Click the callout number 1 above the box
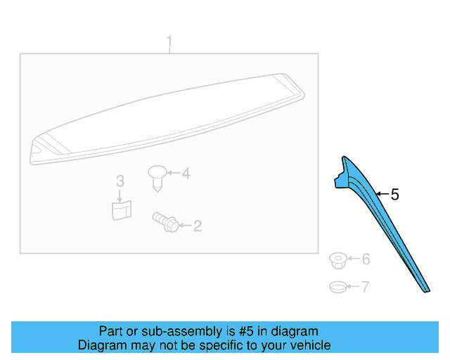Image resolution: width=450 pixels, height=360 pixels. (169, 41)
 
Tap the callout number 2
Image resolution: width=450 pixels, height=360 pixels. (198, 226)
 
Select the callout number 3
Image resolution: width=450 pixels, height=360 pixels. (120, 181)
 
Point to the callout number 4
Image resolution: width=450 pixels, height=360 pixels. (186, 174)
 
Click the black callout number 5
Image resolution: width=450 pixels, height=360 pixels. (395, 195)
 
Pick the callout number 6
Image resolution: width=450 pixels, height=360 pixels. (366, 259)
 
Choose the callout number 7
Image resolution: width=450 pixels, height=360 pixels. (365, 287)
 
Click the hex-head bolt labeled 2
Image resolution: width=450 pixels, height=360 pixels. (166, 221)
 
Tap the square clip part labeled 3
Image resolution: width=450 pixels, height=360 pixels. (122, 210)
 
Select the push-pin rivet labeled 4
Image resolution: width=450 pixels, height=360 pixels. (157, 178)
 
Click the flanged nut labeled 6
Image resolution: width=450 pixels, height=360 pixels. (338, 261)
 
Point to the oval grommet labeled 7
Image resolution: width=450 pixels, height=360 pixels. (338, 287)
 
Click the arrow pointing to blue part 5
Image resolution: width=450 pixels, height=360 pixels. (382, 194)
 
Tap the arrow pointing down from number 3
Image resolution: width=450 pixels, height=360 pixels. (120, 195)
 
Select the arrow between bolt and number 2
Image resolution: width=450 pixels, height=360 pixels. (185, 226)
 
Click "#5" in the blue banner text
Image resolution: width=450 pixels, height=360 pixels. (246, 331)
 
